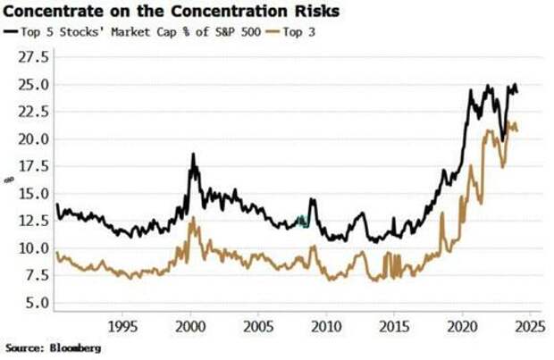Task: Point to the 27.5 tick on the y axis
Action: [34, 57]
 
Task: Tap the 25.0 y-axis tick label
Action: [34, 85]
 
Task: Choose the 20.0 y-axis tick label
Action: [34, 139]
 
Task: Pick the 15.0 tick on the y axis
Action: [34, 194]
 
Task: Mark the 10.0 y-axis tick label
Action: [34, 248]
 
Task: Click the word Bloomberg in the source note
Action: [76, 347]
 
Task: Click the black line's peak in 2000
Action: [192, 155]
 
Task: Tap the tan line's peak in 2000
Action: [190, 218]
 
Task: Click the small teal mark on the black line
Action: [302, 221]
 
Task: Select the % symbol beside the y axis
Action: [10, 180]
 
